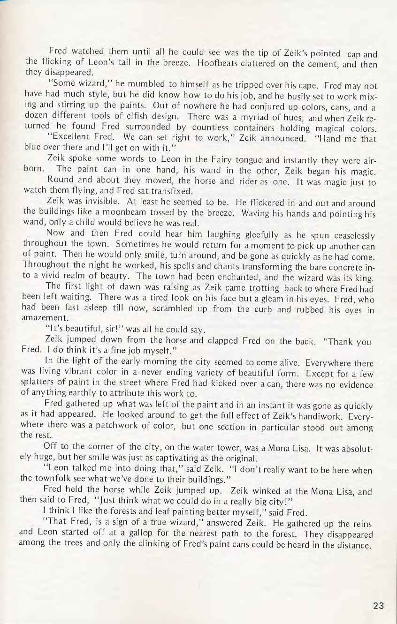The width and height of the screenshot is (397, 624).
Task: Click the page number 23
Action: tap(378, 605)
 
